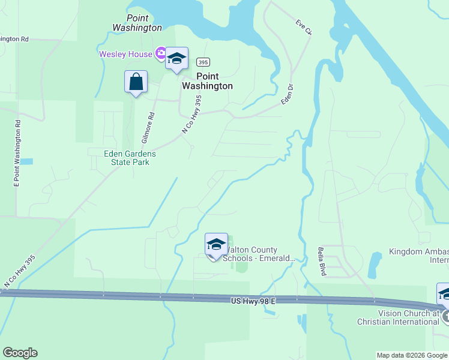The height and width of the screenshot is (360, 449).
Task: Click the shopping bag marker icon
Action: tap(136, 82)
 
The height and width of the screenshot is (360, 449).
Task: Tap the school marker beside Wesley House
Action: tap(176, 59)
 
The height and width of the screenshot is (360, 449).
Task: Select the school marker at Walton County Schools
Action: tap(216, 245)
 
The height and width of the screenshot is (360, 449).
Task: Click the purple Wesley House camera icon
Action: tap(160, 54)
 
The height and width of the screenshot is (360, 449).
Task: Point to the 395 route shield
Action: tap(203, 62)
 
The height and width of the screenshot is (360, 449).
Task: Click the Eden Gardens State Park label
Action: tap(129, 158)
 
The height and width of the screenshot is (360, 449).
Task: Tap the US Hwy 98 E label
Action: tap(252, 299)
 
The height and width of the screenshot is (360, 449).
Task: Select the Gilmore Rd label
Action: tap(148, 128)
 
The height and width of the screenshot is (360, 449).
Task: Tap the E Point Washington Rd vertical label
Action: tap(17, 154)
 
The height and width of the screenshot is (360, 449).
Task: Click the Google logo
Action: tap(20, 353)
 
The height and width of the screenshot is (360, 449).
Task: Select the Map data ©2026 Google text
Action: tap(411, 355)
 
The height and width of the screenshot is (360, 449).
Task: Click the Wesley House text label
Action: tap(126, 54)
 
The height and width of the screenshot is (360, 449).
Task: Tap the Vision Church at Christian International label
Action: tap(408, 317)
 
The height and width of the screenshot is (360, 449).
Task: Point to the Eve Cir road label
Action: tap(303, 27)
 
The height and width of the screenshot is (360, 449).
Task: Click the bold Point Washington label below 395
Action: tap(207, 81)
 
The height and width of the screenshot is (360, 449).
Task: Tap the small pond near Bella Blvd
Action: tap(375, 262)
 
